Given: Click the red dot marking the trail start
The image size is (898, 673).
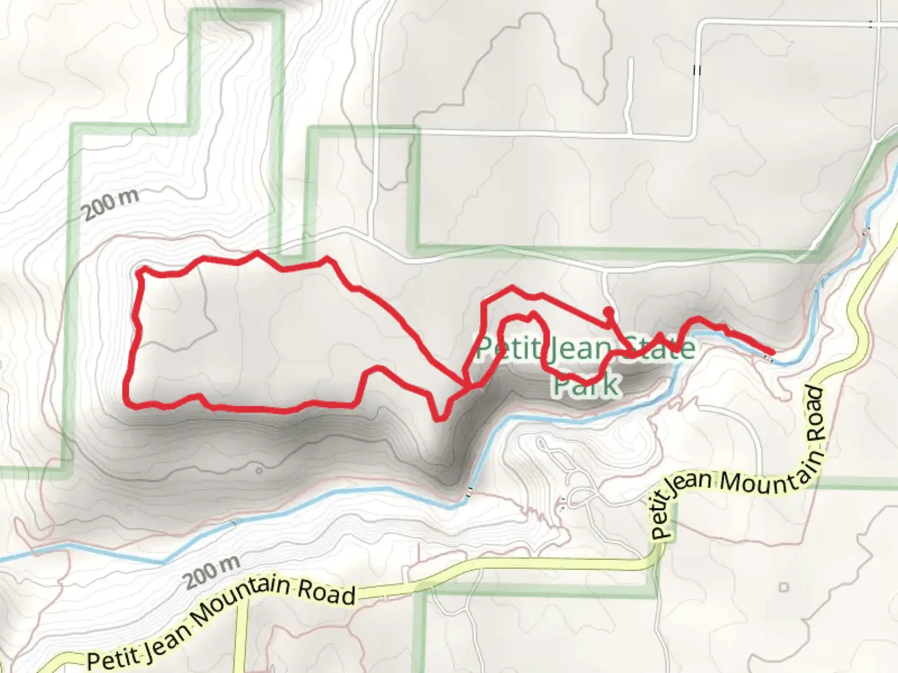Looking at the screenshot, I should pyautogui.click(x=609, y=312).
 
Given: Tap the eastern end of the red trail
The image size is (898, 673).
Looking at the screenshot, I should pyautogui.click(x=771, y=353).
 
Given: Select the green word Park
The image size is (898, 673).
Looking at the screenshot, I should pyautogui.click(x=586, y=384).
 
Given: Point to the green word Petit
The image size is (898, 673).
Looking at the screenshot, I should pyautogui.click(x=507, y=348).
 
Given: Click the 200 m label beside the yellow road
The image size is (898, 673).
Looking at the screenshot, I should pyautogui.click(x=212, y=572).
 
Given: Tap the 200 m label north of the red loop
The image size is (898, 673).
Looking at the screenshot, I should pyautogui.click(x=111, y=203).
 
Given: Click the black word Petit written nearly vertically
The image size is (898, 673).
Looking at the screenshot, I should pyautogui.click(x=662, y=515).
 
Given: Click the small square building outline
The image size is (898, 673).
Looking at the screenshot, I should pyautogui.click(x=784, y=587).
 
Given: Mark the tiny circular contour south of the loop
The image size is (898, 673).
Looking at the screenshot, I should pyautogui.click(x=259, y=470).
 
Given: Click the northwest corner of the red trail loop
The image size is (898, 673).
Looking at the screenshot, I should pyautogui.click(x=140, y=270).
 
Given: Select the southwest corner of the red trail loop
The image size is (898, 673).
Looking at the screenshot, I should pyautogui.click(x=130, y=403).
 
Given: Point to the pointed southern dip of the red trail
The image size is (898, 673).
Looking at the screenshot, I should pyautogui.click(x=440, y=419).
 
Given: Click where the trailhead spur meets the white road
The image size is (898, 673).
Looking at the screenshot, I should pyautogui.click(x=605, y=272).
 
